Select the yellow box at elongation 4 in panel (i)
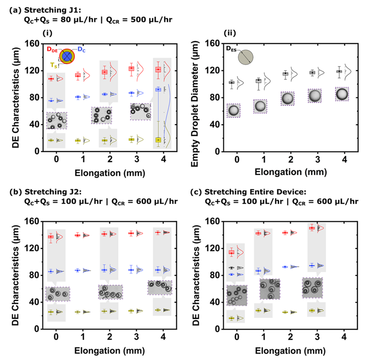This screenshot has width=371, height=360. click(158, 140)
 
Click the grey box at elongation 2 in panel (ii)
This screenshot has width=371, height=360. click(286, 73)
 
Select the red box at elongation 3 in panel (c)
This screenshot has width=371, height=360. click(312, 228)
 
